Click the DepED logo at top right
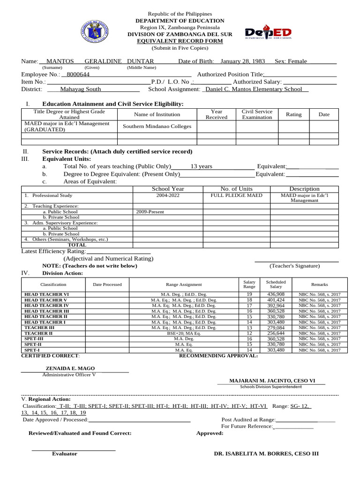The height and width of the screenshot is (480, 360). pyautogui.click(x=268, y=33)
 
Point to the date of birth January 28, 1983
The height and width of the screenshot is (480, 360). pyautogui.click(x=242, y=61)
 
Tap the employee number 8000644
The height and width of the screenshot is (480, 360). pyautogui.click(x=78, y=74)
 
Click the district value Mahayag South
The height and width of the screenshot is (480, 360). pyautogui.click(x=81, y=89)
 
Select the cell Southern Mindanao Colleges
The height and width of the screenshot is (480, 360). pyautogui.click(x=157, y=127)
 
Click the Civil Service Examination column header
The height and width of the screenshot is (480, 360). pyautogui.click(x=256, y=114)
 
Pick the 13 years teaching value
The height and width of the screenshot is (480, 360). pyautogui.click(x=201, y=166)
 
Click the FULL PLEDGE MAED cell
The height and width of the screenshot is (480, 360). pyautogui.click(x=236, y=195)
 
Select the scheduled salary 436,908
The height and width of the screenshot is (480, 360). pyautogui.click(x=276, y=294)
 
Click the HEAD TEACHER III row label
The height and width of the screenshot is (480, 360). pyautogui.click(x=46, y=311)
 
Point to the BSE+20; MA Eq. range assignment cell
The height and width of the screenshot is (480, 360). pyautogui.click(x=184, y=333)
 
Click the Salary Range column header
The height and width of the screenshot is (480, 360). pyautogui.click(x=249, y=284)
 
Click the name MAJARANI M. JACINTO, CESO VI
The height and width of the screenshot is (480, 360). pyautogui.click(x=272, y=380)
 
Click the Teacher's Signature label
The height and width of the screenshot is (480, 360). pyautogui.click(x=294, y=266)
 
